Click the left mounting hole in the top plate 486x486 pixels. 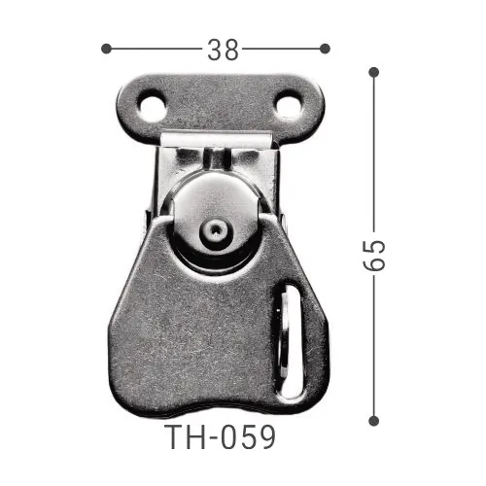151,105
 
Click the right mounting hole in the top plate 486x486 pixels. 289,105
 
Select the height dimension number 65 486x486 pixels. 376,255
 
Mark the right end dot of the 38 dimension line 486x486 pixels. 325,48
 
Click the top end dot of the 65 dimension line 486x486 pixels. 373,71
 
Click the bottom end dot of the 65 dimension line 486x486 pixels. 373,420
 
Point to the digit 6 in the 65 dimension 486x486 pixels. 376,265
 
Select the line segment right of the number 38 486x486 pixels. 283,48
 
